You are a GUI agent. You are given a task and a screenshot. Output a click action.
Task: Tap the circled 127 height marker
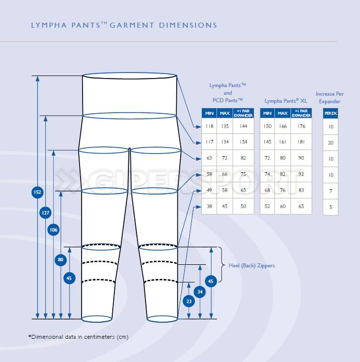pos(45,213)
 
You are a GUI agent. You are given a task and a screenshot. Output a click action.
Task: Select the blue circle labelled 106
pos(53,230)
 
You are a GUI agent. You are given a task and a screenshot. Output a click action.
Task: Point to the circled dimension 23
pos(189,302)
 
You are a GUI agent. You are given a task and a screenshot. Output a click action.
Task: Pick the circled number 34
pos(200,292)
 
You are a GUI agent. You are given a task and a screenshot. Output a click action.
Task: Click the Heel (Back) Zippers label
pos(251,265)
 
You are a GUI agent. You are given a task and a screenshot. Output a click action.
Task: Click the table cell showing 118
pos(209,126)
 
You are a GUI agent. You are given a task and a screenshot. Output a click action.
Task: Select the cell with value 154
pos(243,142)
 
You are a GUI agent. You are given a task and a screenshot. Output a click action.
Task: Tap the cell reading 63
pos(209,158)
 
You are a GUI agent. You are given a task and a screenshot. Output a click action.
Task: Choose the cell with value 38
pos(209,206)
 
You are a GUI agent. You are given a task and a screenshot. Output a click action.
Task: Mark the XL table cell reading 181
pos(302,142)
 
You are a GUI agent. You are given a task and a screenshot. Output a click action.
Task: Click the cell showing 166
pos(283,126)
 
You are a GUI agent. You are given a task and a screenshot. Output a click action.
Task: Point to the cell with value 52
pos(267,206)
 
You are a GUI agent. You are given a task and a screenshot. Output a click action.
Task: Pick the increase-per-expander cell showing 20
pos(331,142)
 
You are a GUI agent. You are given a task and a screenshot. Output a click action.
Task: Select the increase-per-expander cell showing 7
pos(331,191)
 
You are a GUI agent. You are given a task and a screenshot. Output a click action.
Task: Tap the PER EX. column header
pos(331,114)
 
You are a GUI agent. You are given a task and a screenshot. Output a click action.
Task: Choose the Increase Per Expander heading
pos(330,98)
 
